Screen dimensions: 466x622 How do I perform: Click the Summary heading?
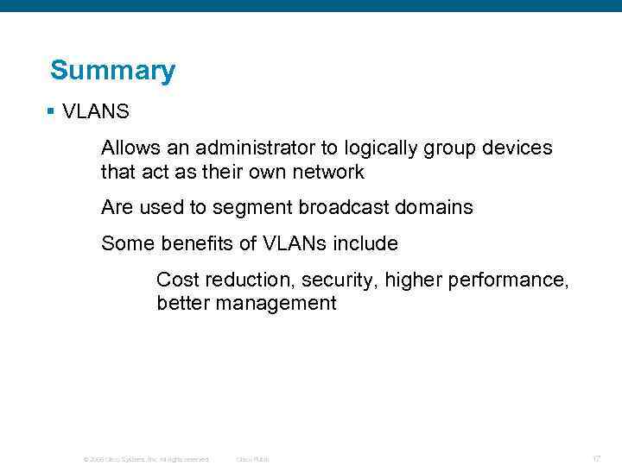coord(112,71)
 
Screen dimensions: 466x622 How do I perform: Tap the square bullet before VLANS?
coord(52,111)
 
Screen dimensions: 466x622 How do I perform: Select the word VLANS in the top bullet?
coord(96,111)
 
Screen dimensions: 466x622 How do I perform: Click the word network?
coord(327,172)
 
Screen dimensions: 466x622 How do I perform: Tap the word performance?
coord(514,280)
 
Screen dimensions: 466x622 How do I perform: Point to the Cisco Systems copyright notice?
coord(145,459)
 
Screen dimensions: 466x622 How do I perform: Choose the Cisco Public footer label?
coord(252,459)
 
